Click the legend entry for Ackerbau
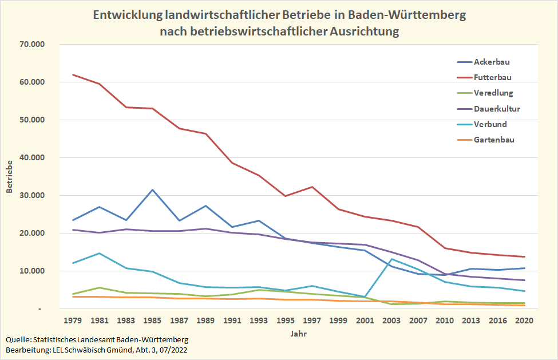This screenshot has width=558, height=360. coord(492,62)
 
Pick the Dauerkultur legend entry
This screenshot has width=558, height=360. coord(497,109)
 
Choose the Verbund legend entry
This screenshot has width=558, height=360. coord(490,124)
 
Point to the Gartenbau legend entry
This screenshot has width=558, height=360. coord(494,140)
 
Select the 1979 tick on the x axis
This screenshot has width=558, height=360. coord(73,321)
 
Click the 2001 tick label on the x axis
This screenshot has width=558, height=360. coord(365,321)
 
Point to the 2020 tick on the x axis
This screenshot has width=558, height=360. coord(525,321)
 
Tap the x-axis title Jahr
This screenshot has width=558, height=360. coord(298,333)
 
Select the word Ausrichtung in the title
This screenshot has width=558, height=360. coord(364,31)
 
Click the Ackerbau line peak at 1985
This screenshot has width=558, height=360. coord(153,189)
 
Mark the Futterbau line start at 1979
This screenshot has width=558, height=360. coord(73,74)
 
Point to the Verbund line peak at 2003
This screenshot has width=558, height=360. coord(391,259)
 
